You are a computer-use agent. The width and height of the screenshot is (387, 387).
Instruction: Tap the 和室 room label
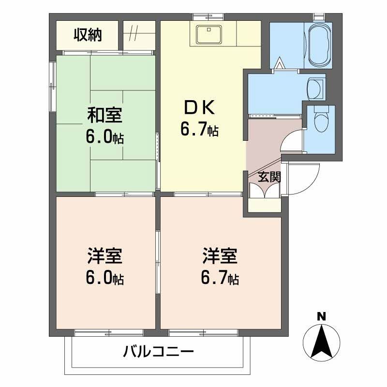(104, 116)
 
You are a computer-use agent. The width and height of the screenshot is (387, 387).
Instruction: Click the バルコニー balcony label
(158, 351)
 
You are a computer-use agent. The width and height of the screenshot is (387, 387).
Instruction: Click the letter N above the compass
(321, 317)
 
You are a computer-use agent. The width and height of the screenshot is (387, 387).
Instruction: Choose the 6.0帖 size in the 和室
(104, 138)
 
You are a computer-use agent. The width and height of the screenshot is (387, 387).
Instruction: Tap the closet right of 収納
(139, 35)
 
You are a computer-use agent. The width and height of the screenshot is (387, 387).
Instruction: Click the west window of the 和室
(53, 87)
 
